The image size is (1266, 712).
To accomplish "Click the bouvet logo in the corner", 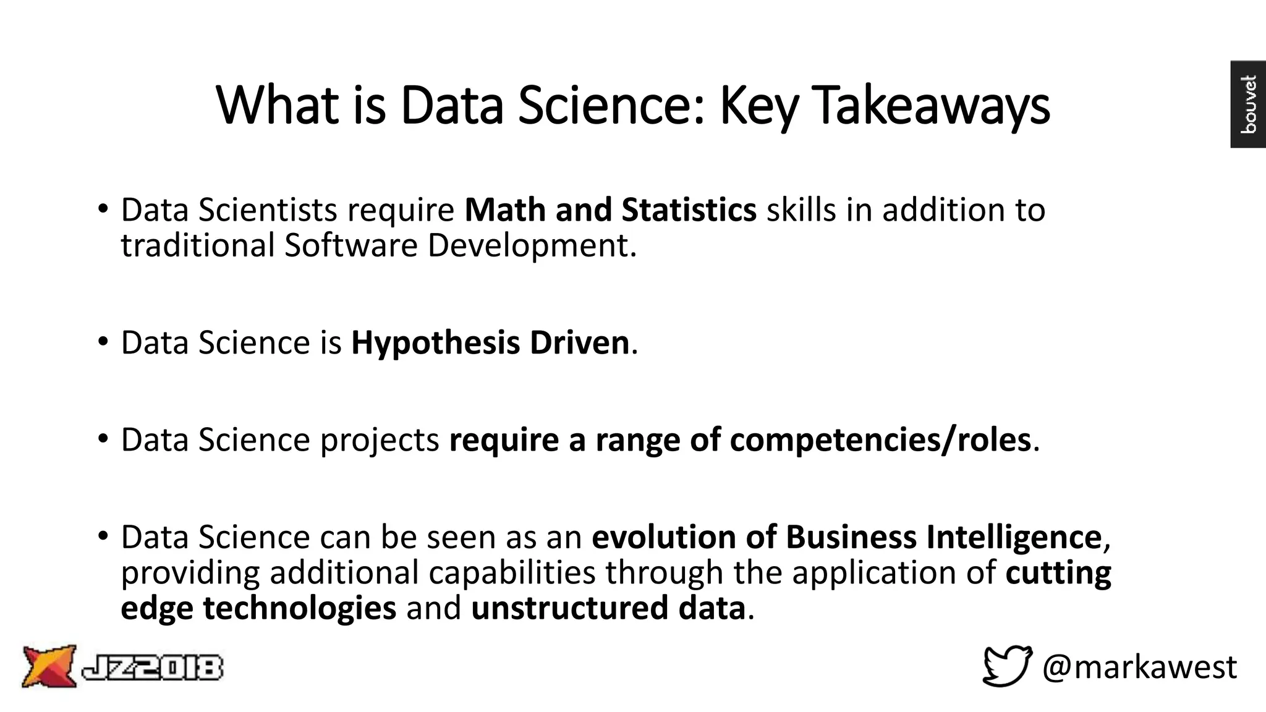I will coord(1247,104).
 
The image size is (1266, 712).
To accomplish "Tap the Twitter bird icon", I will coord(1007,666).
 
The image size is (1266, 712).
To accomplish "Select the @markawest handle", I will coord(1139,667).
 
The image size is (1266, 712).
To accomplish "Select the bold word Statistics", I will coord(689,210).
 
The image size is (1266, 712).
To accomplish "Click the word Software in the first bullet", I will coord(350,245).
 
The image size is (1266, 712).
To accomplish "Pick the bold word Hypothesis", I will coord(435,342).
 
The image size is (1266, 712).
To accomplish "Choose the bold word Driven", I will coord(579,342).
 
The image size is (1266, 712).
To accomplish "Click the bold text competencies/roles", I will coord(880,440).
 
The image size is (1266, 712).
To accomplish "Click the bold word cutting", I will coord(1058,572).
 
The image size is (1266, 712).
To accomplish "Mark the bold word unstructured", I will coord(569,608).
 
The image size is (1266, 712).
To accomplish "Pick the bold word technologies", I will coord(299,608).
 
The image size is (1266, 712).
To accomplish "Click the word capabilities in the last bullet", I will coord(512,572).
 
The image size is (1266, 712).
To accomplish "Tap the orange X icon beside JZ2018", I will coord(49,666).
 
